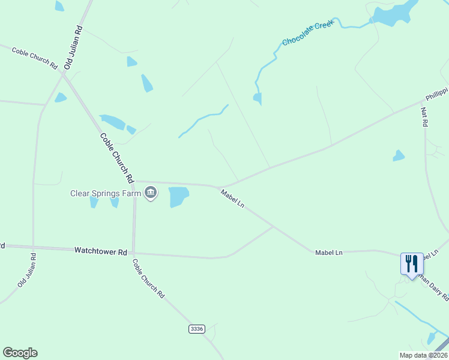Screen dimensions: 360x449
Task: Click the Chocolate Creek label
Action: coord(307,34)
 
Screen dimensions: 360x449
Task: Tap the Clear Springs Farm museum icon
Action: coord(151,193)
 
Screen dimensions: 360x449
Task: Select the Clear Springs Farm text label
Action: coord(106,193)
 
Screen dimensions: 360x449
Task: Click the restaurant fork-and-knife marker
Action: coord(412,263)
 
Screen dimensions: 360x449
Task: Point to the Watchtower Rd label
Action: coord(100,251)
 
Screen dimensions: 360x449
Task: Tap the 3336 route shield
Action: coord(196,329)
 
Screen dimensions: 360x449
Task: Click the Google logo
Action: coord(20,353)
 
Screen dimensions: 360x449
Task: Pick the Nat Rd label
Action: coord(424,116)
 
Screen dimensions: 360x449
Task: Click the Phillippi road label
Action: coord(437,95)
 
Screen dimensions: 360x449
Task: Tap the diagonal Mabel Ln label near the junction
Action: coord(232,199)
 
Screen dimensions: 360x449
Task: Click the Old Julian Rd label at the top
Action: coord(73,47)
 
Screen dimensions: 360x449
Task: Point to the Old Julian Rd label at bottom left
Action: coord(27,270)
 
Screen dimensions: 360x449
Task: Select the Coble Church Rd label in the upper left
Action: coord(34,58)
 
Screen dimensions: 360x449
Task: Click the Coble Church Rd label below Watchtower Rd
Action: coord(148,278)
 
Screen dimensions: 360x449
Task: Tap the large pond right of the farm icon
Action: coord(178,196)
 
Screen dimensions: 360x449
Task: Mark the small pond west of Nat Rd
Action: coord(398,156)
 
